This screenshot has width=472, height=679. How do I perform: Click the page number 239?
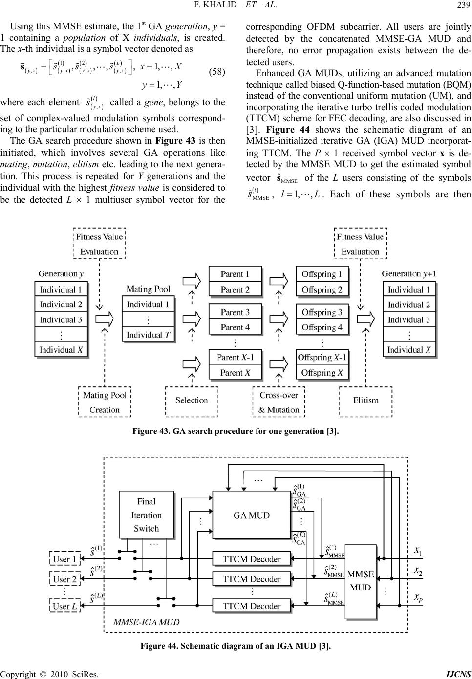click(464, 5)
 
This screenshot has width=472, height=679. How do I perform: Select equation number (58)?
click(217, 72)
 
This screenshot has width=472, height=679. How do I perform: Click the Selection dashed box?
click(192, 402)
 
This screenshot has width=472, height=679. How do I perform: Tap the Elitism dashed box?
click(366, 402)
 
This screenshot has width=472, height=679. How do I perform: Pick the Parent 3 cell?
click(235, 312)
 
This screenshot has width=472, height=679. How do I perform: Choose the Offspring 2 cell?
click(322, 290)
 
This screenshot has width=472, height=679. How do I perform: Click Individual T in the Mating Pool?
click(148, 335)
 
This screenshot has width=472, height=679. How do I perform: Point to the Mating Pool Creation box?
click(105, 402)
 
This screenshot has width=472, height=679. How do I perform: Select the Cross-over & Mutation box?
click(279, 402)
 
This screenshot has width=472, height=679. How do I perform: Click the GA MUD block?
click(252, 515)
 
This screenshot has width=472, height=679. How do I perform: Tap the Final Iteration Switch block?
click(147, 515)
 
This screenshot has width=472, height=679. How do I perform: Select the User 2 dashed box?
click(65, 579)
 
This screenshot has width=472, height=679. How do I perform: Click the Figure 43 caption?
click(236, 431)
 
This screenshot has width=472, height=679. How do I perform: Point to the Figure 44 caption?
click(236, 646)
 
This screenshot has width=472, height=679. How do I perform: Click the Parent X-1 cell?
click(235, 358)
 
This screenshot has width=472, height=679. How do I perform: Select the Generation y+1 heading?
click(408, 274)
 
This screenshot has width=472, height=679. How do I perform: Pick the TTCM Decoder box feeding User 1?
click(252, 559)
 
